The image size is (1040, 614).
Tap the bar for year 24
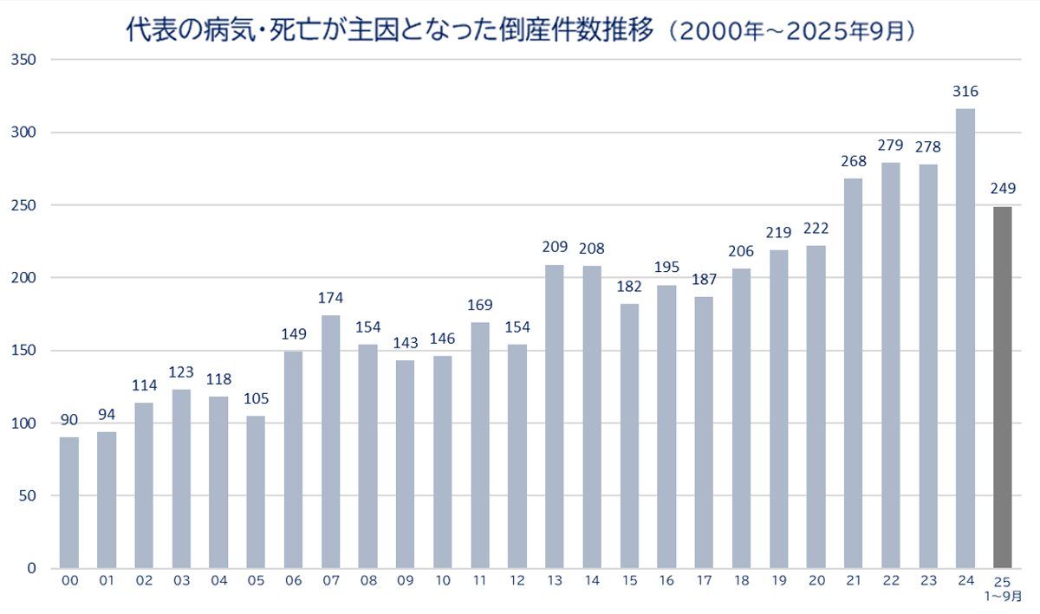coord(965,338)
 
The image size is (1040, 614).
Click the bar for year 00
coord(69,502)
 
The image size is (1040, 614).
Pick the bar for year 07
coord(331,442)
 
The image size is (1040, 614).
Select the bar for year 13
coord(555,416)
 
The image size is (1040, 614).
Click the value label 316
coord(965,91)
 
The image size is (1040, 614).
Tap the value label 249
coord(1002,189)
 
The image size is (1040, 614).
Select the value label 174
coord(331,298)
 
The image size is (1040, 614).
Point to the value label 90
coord(69,420)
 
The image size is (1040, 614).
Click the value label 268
coord(853,161)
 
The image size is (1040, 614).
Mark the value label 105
coord(256,398)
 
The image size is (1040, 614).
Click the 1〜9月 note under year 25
coord(1002,598)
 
